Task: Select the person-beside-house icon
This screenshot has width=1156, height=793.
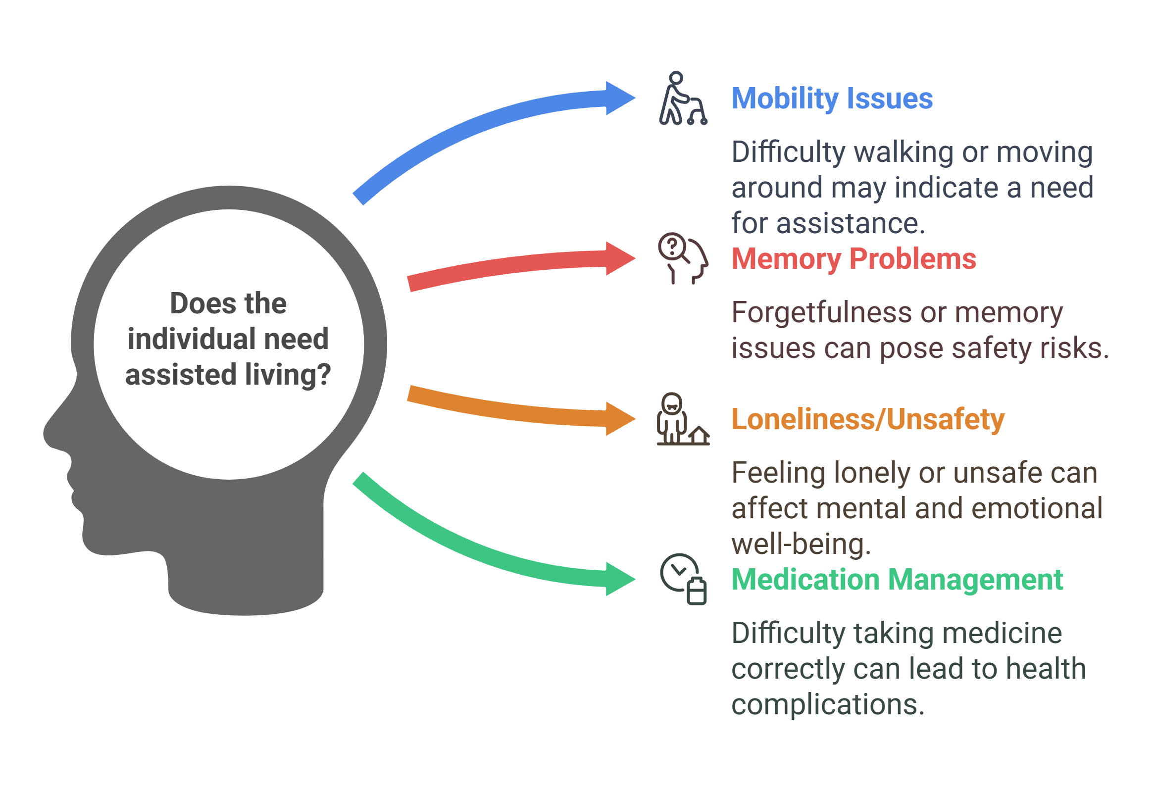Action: point(682,419)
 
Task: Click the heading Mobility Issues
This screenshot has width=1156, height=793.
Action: point(832,99)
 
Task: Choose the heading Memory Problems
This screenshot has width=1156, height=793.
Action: point(854,259)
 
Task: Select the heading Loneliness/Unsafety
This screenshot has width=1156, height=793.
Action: point(867,419)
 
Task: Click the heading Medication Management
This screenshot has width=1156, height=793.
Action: point(897,580)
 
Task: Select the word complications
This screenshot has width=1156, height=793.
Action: point(827,704)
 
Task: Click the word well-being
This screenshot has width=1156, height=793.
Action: point(801,544)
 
